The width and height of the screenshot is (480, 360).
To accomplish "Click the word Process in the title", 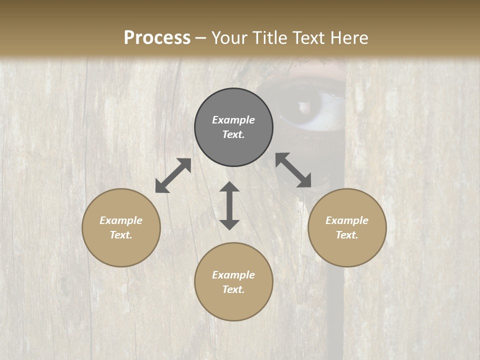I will (157, 38).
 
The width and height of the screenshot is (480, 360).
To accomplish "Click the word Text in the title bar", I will (308, 38).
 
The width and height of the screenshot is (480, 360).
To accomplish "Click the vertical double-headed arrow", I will (229, 205).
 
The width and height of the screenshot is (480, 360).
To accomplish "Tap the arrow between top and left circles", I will (173, 175).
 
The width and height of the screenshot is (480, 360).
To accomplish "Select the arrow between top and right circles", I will (293, 170).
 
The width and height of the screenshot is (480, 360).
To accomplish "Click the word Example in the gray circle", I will (233, 120).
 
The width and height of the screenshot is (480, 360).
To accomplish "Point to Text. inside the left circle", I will (121, 235).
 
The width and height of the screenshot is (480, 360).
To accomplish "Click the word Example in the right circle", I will (347, 220).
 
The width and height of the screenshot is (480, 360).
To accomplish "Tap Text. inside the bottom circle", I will (233, 289).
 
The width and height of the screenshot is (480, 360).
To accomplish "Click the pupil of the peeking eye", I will (303, 106).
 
